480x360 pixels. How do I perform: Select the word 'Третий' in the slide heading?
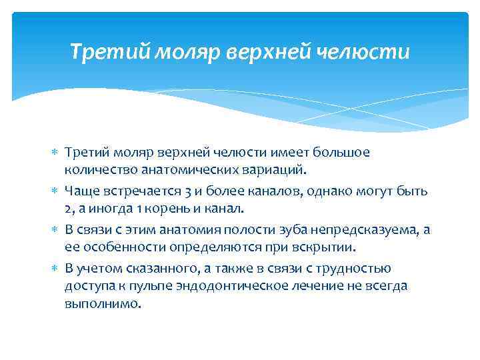tap(111, 51)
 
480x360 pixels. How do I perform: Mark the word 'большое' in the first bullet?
tap(343, 153)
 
